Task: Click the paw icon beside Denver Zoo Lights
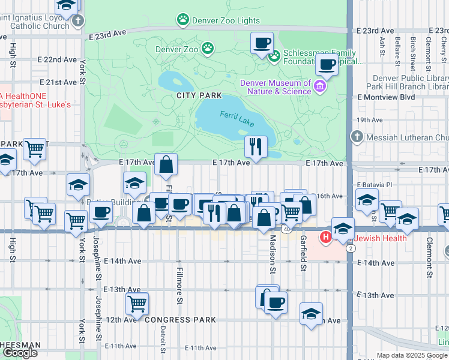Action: click(x=182, y=20)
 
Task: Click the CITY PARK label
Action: click(x=199, y=95)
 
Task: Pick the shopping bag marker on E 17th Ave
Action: click(x=166, y=164)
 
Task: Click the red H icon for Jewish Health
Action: click(x=326, y=238)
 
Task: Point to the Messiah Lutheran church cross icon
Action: click(x=357, y=137)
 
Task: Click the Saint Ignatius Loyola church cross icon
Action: click(x=77, y=22)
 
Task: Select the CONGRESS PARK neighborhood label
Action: click(x=179, y=320)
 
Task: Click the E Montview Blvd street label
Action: click(x=385, y=97)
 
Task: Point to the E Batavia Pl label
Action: click(x=374, y=185)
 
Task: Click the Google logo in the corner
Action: click(x=20, y=353)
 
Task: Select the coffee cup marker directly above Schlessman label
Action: click(x=262, y=43)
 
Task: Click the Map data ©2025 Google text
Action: click(x=411, y=355)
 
